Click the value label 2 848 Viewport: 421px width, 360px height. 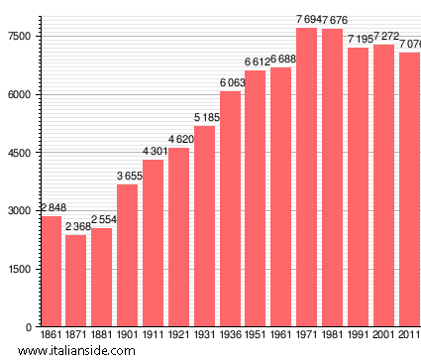pyautogui.click(x=51, y=208)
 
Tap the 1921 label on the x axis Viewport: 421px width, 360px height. pyautogui.click(x=179, y=336)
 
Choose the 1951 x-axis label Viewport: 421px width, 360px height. pyautogui.click(x=256, y=336)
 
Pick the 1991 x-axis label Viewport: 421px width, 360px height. pyautogui.click(x=358, y=336)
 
